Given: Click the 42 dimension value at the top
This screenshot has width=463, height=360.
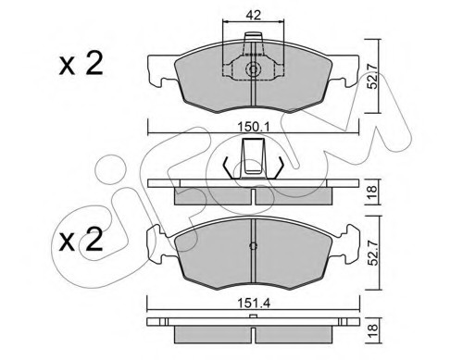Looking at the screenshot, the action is pyautogui.click(x=254, y=15).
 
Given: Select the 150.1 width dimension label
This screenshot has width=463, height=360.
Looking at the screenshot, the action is pyautogui.click(x=254, y=126).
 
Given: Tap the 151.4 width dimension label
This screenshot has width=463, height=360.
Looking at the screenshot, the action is pyautogui.click(x=254, y=304).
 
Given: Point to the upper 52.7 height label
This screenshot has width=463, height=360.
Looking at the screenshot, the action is pyautogui.click(x=374, y=76).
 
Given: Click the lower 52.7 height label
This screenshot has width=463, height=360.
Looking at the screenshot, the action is pyautogui.click(x=374, y=253).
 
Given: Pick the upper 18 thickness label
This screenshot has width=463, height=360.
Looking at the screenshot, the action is pyautogui.click(x=372, y=192).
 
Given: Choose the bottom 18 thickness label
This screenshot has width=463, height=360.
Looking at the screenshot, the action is pyautogui.click(x=373, y=330).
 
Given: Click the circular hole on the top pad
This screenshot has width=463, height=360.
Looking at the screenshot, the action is pyautogui.click(x=253, y=69).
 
